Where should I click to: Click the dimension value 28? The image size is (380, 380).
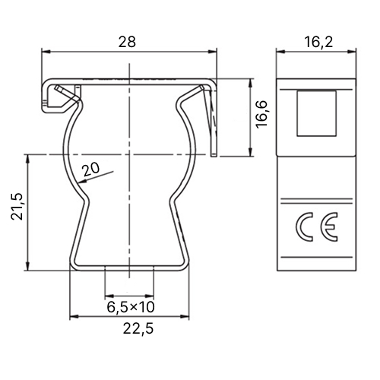tap(127, 42)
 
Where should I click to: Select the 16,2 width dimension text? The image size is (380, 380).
tap(318, 42)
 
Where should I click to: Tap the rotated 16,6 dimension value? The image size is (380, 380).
tap(262, 114)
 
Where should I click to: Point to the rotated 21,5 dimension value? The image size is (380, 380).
tap(17, 206)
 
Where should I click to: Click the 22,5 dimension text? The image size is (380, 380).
tap(138, 329)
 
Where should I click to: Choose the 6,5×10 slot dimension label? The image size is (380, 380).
tap(131, 307)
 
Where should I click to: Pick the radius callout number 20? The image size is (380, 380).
tap(91, 169)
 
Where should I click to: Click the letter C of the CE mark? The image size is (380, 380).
tap(304, 226)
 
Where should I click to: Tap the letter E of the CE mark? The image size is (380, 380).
tap(329, 226)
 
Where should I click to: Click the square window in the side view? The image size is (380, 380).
tap(317, 113)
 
